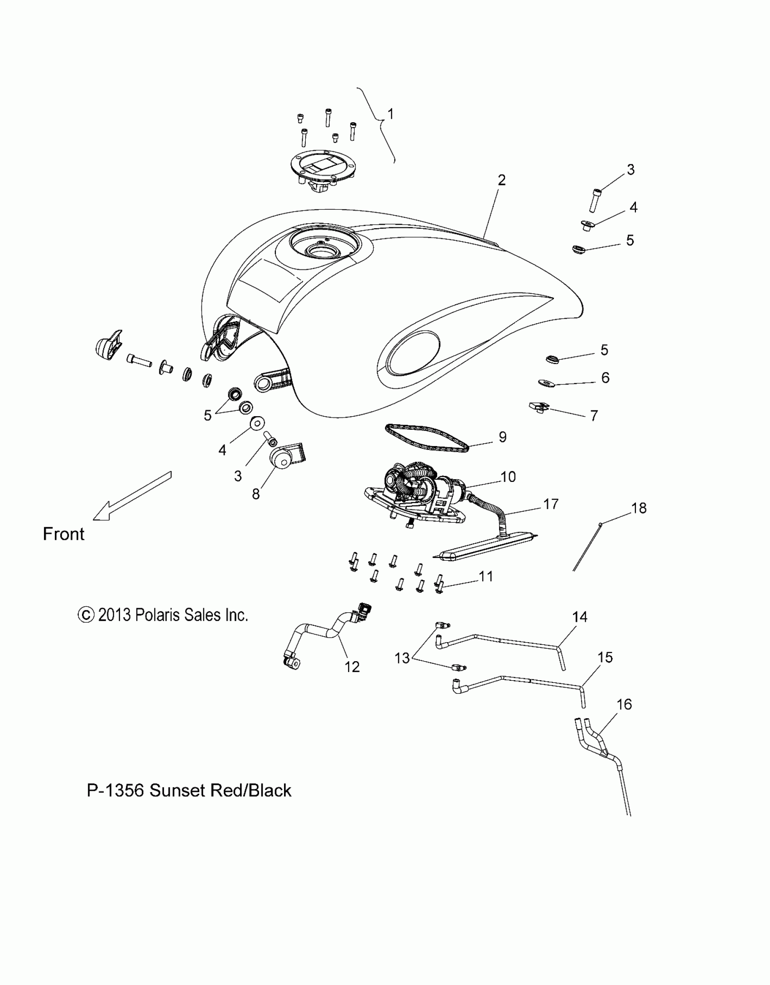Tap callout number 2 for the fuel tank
[501, 180]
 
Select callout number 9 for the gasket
[502, 437]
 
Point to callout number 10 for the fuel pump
[508, 477]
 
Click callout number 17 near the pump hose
[551, 504]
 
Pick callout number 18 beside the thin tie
[639, 508]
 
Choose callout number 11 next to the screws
[486, 577]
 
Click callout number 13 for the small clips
[402, 658]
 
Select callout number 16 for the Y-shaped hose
[624, 704]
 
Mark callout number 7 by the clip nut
[594, 415]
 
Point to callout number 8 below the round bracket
[256, 494]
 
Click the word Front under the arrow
[63, 534]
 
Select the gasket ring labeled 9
[426, 437]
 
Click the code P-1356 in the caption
[115, 790]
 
